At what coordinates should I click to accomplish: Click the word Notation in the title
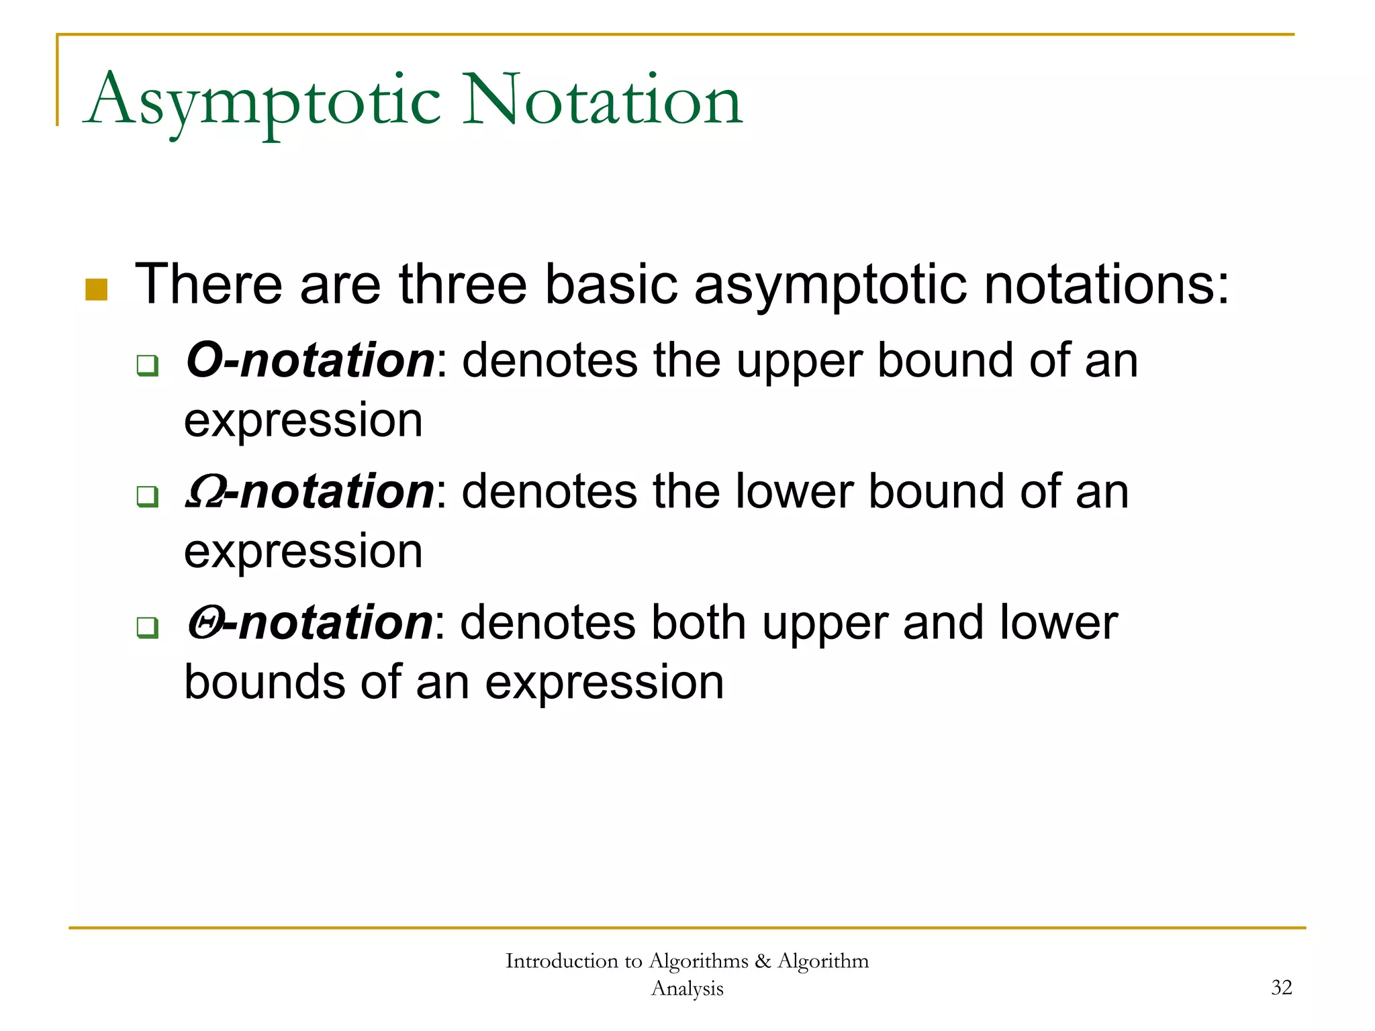602,101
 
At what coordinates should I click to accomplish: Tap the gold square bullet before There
97,289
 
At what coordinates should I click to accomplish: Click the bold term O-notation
310,360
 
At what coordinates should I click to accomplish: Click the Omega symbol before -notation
203,492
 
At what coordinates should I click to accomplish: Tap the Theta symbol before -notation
203,623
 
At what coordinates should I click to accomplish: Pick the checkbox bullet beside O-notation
148,366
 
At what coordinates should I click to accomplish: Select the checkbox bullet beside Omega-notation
148,497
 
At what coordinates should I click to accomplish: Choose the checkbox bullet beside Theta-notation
148,628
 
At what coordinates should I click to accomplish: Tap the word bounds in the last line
265,683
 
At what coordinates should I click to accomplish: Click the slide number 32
1281,987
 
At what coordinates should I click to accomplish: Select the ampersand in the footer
762,961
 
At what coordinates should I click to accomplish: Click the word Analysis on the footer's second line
687,989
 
